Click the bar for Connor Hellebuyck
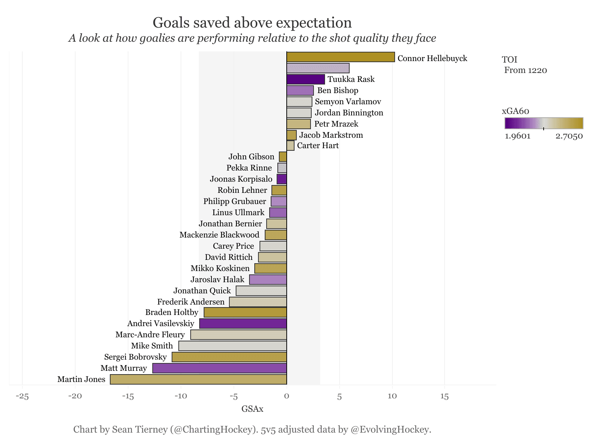(340, 57)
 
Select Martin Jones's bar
(198, 379)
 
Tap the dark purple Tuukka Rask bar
(305, 79)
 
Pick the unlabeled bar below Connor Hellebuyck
(318, 68)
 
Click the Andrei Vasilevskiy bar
(243, 324)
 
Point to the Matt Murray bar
(219, 368)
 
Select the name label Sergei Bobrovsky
(136, 357)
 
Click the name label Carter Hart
(318, 146)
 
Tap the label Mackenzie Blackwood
(219, 235)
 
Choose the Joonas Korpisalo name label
(241, 179)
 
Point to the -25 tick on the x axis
(22, 396)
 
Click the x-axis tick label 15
(445, 396)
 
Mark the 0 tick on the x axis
(286, 396)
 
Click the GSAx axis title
(252, 409)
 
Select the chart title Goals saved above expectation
(252, 23)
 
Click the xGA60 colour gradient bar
(544, 123)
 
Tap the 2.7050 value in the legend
(569, 136)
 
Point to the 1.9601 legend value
(518, 136)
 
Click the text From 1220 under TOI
(525, 70)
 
